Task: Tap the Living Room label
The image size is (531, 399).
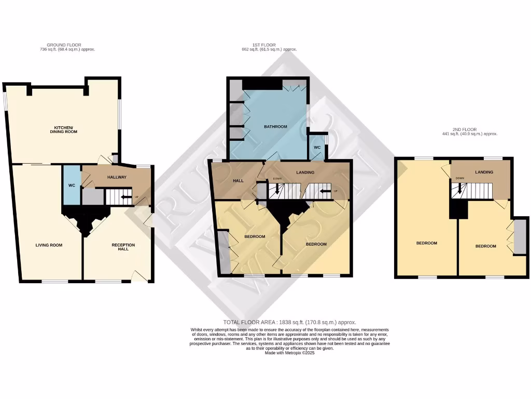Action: coord(49,245)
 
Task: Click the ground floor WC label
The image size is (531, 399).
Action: coord(72,185)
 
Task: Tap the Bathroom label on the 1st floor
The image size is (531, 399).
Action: coord(275,127)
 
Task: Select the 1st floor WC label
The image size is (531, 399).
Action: coord(317,148)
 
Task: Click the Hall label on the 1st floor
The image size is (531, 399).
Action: coord(238,181)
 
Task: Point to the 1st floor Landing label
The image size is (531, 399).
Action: coord(305,172)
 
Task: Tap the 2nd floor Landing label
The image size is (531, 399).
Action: coord(483,172)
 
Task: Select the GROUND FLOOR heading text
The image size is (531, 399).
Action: coord(64,45)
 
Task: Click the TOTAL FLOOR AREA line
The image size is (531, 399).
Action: coord(289,322)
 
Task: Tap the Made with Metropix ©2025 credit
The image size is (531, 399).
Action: coord(290,352)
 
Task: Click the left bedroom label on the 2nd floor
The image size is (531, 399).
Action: coord(426,243)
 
